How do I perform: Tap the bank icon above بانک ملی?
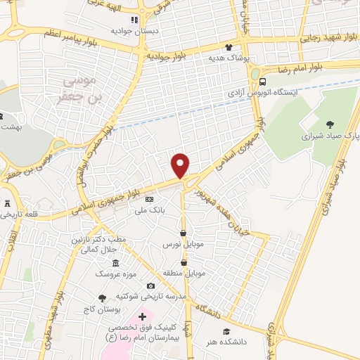(x=149, y=200)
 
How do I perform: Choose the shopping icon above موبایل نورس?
(x=183, y=233)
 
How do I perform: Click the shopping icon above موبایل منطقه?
(x=183, y=262)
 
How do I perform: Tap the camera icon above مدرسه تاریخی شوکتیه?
(x=150, y=286)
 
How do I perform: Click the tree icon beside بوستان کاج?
(x=103, y=298)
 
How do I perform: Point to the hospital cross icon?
(x=143, y=317)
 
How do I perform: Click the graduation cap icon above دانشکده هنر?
(x=226, y=332)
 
